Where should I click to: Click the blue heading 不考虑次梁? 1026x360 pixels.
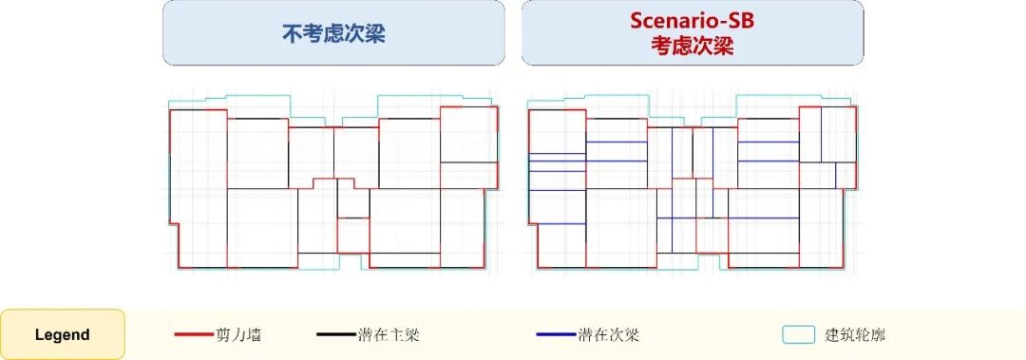click(x=333, y=34)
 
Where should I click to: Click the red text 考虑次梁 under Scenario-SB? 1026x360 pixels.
click(x=693, y=47)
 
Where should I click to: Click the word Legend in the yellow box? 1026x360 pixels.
click(x=62, y=335)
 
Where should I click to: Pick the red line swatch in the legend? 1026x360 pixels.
click(x=194, y=335)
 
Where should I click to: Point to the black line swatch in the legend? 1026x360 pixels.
click(x=336, y=335)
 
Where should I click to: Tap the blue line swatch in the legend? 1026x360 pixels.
click(x=556, y=335)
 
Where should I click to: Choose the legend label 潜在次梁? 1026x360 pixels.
click(x=609, y=335)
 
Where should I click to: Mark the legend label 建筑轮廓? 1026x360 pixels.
click(x=855, y=335)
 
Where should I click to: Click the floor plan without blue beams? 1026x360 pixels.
click(x=333, y=182)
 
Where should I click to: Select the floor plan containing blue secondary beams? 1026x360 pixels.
click(x=693, y=182)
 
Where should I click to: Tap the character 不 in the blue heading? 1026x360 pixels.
click(x=292, y=34)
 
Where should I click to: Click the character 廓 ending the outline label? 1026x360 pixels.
click(x=879, y=335)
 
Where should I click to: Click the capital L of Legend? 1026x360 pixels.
click(x=39, y=335)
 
